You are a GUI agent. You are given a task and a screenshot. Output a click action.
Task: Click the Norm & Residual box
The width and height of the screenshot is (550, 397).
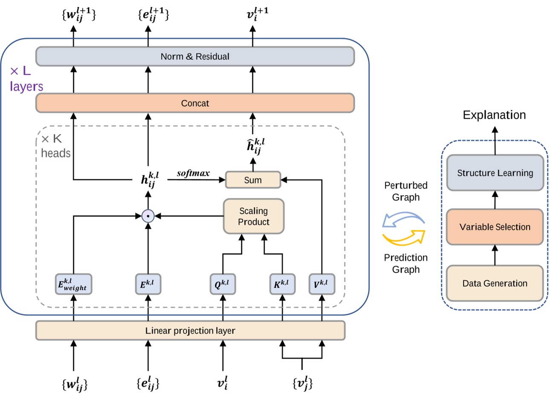[x=195, y=56]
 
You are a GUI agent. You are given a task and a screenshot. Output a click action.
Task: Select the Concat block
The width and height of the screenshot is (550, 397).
[x=195, y=103]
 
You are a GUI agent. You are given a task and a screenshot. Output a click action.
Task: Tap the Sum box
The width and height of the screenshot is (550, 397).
[x=253, y=180]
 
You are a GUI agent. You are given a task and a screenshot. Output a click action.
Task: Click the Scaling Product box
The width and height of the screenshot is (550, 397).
[x=254, y=216]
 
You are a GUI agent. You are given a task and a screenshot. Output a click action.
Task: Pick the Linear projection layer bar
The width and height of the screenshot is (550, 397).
[x=190, y=331]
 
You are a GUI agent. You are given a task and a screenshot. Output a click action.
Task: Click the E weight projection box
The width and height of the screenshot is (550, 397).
[x=73, y=284]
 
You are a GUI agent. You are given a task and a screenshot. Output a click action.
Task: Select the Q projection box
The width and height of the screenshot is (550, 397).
[x=223, y=284]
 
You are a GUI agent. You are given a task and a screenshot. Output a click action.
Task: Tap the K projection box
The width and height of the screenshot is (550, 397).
[x=282, y=284]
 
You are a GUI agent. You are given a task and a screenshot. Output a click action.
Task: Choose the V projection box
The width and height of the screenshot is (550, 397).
[x=321, y=284]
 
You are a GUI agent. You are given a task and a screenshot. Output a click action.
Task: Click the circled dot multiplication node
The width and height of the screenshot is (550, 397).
[x=148, y=216]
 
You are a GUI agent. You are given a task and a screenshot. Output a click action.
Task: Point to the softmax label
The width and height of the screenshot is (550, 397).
[x=193, y=173]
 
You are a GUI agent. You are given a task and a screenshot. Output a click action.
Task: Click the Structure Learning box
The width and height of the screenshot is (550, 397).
[x=495, y=173]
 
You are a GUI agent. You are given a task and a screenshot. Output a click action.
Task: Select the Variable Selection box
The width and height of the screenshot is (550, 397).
[x=495, y=227]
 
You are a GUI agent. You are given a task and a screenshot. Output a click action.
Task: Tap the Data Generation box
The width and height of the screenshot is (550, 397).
[x=495, y=283]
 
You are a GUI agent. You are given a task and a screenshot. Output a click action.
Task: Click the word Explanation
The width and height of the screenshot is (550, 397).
[x=494, y=115]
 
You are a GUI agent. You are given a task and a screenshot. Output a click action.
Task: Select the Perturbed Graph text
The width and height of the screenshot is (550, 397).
[x=406, y=191]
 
